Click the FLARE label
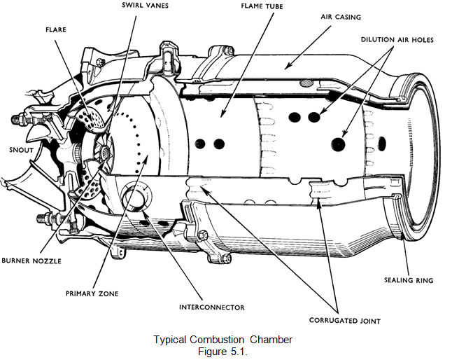tap(57, 30)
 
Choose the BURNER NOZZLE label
tap(32, 261)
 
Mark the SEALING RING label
tap(409, 280)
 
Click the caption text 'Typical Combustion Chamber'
tap(223, 340)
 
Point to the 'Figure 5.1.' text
tap(223, 350)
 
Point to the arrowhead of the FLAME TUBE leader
tap(223, 116)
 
